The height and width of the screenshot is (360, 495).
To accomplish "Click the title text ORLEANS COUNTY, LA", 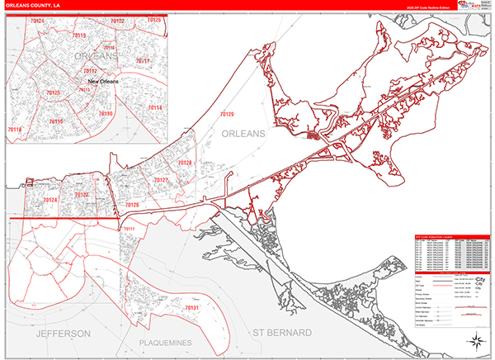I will [31, 5].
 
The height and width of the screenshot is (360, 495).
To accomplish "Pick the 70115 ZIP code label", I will [55, 121].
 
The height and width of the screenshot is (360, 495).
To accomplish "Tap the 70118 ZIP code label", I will [14, 130].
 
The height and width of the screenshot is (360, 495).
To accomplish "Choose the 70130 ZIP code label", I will [106, 113].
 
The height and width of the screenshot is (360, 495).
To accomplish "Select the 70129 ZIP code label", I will [227, 114].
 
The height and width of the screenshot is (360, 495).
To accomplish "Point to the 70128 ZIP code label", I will [185, 163].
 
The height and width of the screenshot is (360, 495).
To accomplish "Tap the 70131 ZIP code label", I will [191, 308].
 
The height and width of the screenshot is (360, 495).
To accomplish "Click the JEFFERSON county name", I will [63, 333].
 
